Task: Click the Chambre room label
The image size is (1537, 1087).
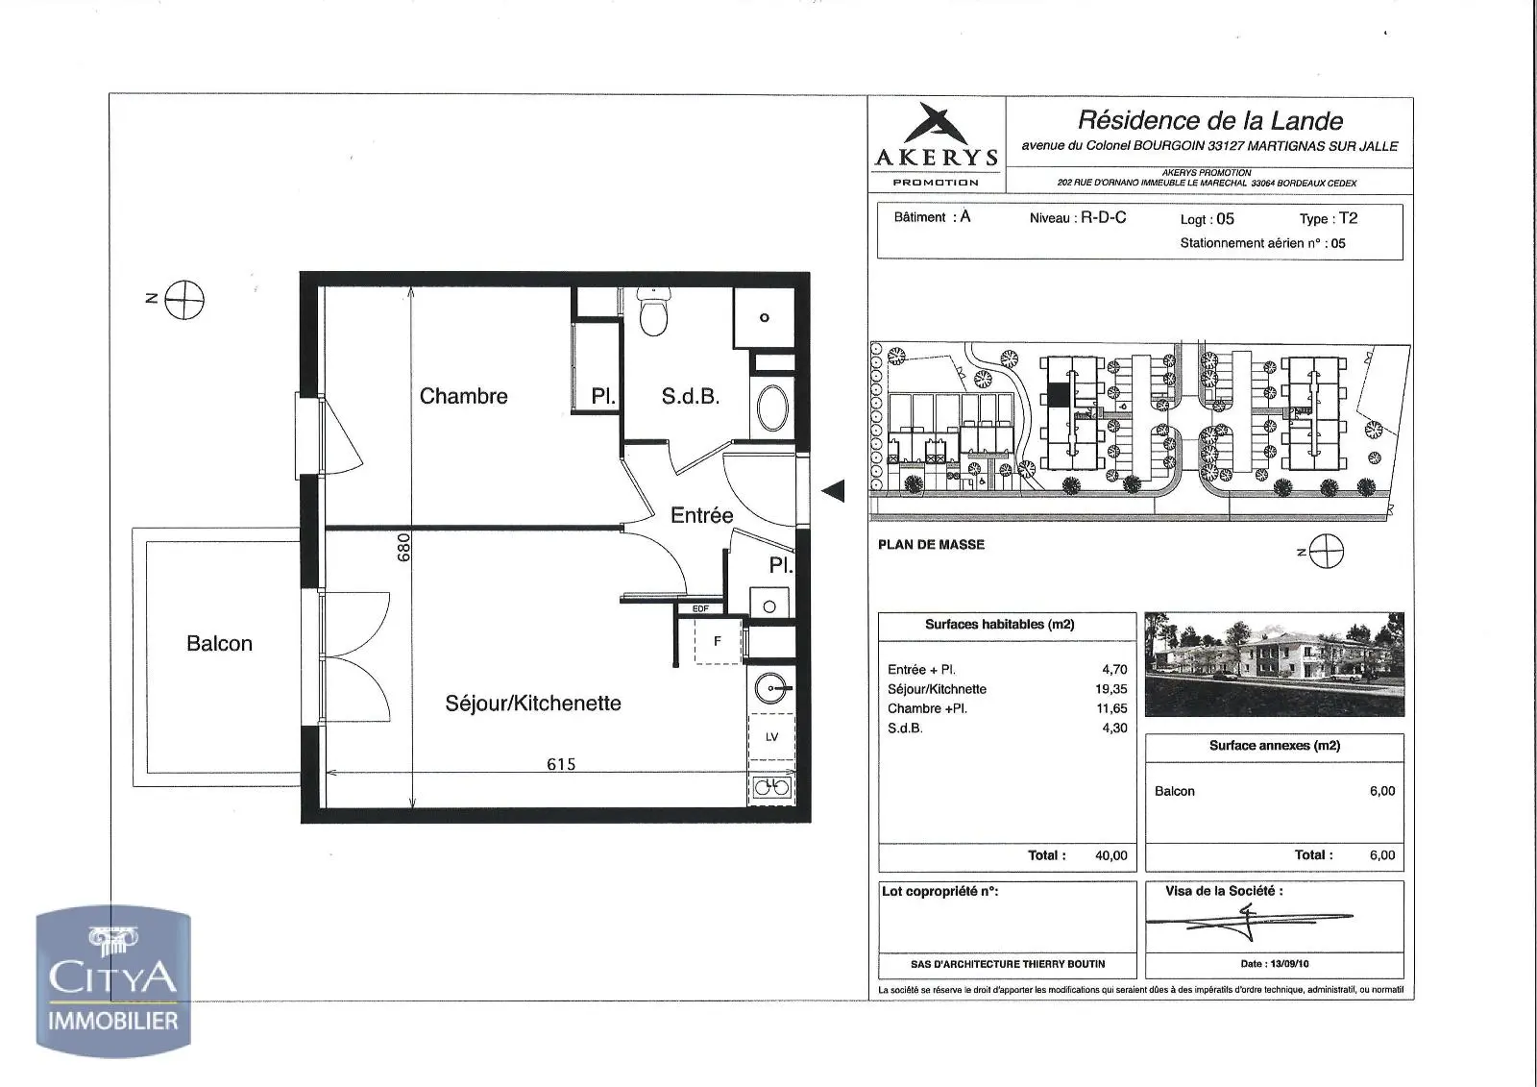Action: tap(463, 396)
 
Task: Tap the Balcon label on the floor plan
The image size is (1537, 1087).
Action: tap(220, 643)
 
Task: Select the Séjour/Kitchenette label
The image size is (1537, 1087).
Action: tap(533, 704)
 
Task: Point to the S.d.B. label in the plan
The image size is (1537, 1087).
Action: tap(691, 396)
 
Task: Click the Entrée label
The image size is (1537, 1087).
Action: tap(701, 515)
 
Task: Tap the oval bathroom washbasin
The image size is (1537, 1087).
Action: tap(772, 408)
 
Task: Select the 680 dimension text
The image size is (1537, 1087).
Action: tap(403, 547)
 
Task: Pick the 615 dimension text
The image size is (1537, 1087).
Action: tap(561, 764)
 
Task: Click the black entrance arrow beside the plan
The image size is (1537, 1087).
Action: tap(833, 491)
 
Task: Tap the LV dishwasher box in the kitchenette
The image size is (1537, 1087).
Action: tap(772, 737)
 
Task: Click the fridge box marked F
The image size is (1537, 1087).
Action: tap(718, 641)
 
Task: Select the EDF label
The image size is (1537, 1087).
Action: tap(700, 608)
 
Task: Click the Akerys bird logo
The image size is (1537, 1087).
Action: tap(935, 124)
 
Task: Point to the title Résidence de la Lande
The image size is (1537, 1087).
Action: tap(1210, 121)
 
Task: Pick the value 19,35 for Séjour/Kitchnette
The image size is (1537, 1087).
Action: tap(1110, 689)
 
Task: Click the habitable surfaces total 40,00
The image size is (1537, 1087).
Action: tap(1110, 855)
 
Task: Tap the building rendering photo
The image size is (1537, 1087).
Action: tap(1274, 664)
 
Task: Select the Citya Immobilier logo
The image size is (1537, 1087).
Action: tap(113, 980)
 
